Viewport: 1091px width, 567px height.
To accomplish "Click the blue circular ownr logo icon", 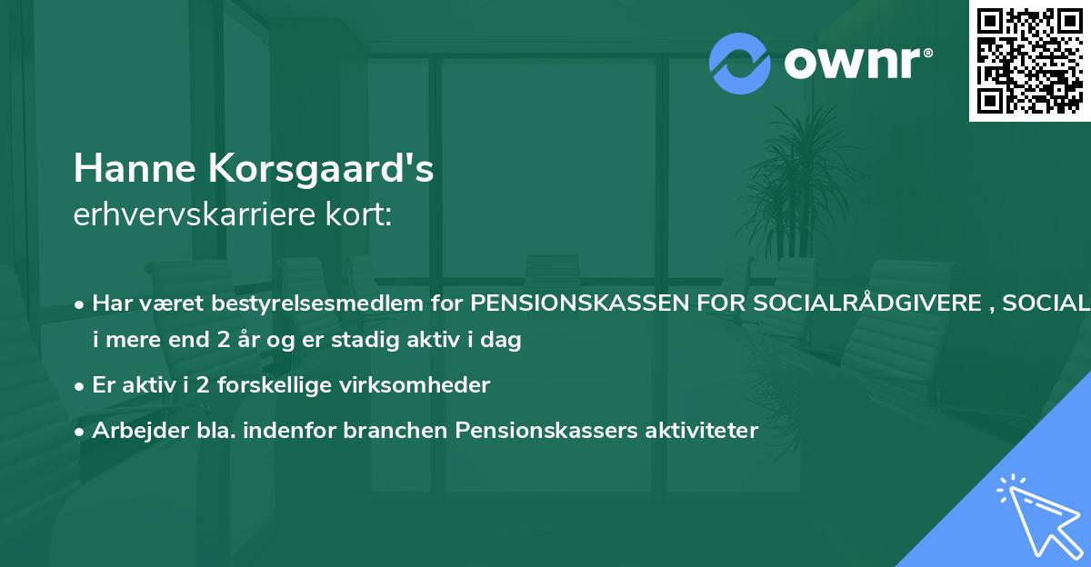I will pyautogui.click(x=740, y=63).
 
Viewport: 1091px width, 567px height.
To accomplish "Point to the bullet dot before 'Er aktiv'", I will pyautogui.click(x=81, y=386).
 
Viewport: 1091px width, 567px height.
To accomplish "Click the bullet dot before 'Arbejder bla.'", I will pyautogui.click(x=81, y=432).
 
